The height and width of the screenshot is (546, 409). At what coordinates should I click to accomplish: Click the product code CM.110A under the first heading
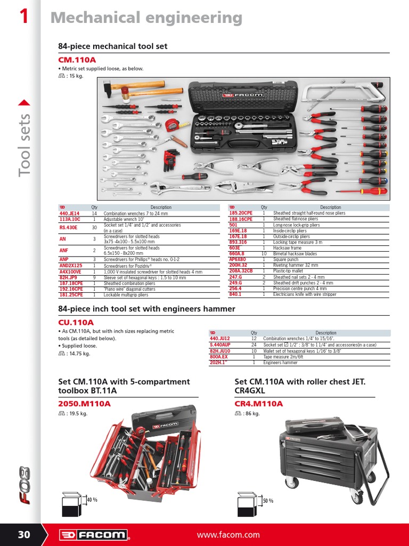[77, 60]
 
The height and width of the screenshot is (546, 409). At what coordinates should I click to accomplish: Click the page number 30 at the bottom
[24, 535]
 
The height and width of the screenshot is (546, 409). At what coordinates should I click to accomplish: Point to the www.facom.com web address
[228, 535]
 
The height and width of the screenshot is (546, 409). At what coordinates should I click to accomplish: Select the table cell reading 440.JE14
[69, 213]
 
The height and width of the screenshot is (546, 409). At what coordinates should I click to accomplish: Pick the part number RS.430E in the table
[68, 227]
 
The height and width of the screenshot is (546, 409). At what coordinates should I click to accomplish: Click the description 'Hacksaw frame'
[287, 248]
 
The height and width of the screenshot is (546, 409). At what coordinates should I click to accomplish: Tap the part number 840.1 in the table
[235, 294]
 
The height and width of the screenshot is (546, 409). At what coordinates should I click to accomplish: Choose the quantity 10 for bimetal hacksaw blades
[264, 254]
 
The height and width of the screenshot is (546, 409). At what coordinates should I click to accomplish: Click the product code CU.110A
[76, 322]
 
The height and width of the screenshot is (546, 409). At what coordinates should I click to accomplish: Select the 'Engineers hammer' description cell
[281, 363]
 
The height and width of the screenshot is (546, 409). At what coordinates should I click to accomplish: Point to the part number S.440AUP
[220, 345]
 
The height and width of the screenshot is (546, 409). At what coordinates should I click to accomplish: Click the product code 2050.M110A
[84, 404]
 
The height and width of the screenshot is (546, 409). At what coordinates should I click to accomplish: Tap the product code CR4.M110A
[259, 404]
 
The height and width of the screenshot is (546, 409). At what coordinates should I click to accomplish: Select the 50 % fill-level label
[267, 501]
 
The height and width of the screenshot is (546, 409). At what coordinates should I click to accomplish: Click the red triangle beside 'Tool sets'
[24, 103]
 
